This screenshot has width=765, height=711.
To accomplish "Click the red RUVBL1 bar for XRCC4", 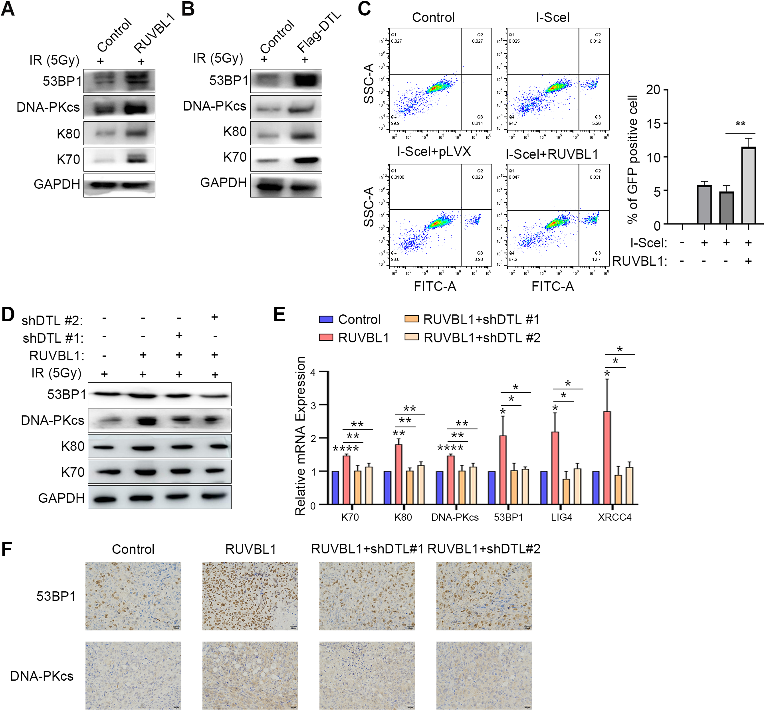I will pyautogui.click(x=607, y=458).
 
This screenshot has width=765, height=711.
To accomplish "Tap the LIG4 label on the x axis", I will pyautogui.click(x=561, y=517).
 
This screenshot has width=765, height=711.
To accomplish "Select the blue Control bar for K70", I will pyautogui.click(x=335, y=488).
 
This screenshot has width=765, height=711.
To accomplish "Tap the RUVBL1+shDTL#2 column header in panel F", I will pyautogui.click(x=484, y=549).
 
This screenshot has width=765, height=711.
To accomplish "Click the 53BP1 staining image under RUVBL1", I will pyautogui.click(x=250, y=596).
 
